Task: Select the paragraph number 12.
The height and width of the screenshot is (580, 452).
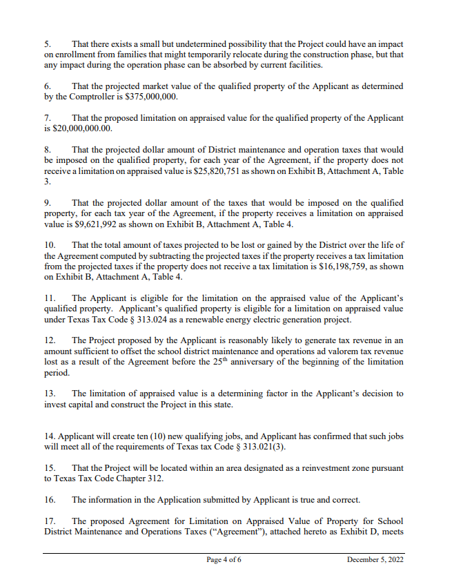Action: click(x=50, y=340)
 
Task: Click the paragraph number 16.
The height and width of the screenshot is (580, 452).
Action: click(x=50, y=499)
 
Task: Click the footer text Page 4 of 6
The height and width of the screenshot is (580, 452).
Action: click(x=224, y=559)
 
